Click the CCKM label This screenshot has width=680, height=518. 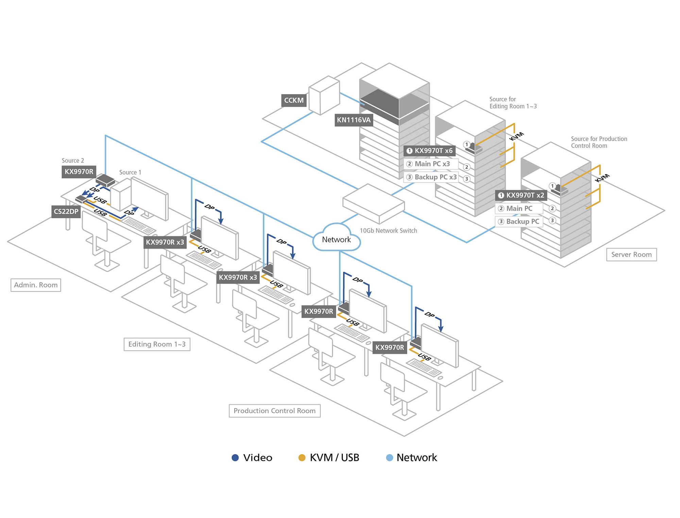pyautogui.click(x=294, y=101)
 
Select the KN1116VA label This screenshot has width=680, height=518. pyautogui.click(x=354, y=120)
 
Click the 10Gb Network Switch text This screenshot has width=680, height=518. pyautogui.click(x=388, y=231)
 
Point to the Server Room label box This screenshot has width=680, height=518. pyautogui.click(x=631, y=255)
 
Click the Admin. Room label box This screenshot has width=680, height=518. pyautogui.click(x=36, y=285)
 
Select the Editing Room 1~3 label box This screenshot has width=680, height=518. pyautogui.click(x=157, y=344)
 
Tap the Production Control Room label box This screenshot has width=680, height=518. pyautogui.click(x=274, y=411)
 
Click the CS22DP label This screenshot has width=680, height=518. pyautogui.click(x=66, y=212)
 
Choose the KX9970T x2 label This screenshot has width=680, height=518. pyautogui.click(x=521, y=195)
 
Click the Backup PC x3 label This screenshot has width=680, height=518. pyautogui.click(x=431, y=177)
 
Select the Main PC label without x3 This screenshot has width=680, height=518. pyautogui.click(x=519, y=209)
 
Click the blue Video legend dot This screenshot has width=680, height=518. pyautogui.click(x=235, y=458)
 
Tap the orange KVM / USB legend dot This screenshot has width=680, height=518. pyautogui.click(x=302, y=458)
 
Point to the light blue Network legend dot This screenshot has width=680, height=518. pyautogui.click(x=390, y=458)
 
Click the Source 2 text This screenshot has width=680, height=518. pyautogui.click(x=73, y=161)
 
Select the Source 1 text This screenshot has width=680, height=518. pyautogui.click(x=130, y=173)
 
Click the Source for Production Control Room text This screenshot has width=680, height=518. pyautogui.click(x=598, y=142)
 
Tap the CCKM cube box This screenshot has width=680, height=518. pyautogui.click(x=324, y=96)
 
